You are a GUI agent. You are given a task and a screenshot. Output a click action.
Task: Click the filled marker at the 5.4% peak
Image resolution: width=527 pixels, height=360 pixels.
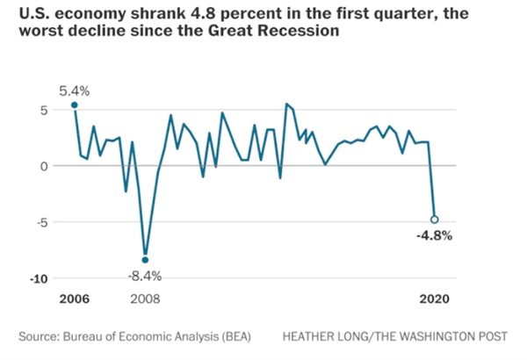click(x=74, y=105)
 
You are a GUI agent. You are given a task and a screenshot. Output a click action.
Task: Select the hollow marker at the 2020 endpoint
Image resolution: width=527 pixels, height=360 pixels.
click(x=434, y=220)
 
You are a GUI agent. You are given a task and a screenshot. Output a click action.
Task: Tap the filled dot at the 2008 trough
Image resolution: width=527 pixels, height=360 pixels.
click(x=145, y=260)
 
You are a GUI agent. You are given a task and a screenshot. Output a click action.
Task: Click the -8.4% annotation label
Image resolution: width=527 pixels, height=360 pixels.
click(x=145, y=277)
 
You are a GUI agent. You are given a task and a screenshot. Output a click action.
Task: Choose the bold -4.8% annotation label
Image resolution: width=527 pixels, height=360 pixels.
click(x=434, y=236)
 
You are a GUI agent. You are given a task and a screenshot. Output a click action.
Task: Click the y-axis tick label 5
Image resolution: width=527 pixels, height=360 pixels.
click(x=40, y=110)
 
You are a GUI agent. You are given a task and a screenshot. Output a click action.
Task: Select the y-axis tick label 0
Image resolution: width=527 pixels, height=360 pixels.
click(x=40, y=165)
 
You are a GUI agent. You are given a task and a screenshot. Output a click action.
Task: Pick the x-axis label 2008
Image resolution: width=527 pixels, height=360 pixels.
click(x=145, y=299)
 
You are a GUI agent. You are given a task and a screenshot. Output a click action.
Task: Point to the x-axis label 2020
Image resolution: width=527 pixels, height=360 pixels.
click(x=434, y=299)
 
